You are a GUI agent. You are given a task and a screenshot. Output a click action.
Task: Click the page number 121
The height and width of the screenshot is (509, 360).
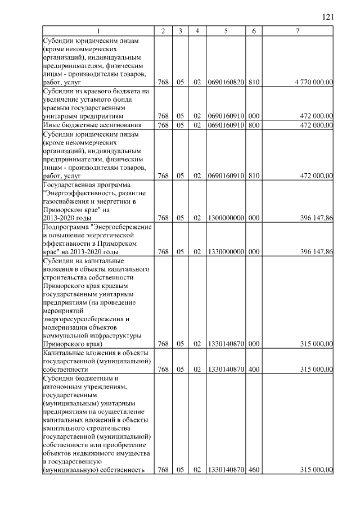coord(328,17)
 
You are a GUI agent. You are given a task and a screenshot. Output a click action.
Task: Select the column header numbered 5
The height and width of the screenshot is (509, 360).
coord(225,30)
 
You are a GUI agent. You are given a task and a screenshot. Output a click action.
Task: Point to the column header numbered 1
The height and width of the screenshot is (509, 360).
coord(98,30)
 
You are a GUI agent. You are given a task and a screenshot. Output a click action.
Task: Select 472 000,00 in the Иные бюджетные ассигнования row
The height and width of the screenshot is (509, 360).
coord(316,124)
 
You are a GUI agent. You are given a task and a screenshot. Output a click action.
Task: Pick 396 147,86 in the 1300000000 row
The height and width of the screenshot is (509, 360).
coord(316,218)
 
